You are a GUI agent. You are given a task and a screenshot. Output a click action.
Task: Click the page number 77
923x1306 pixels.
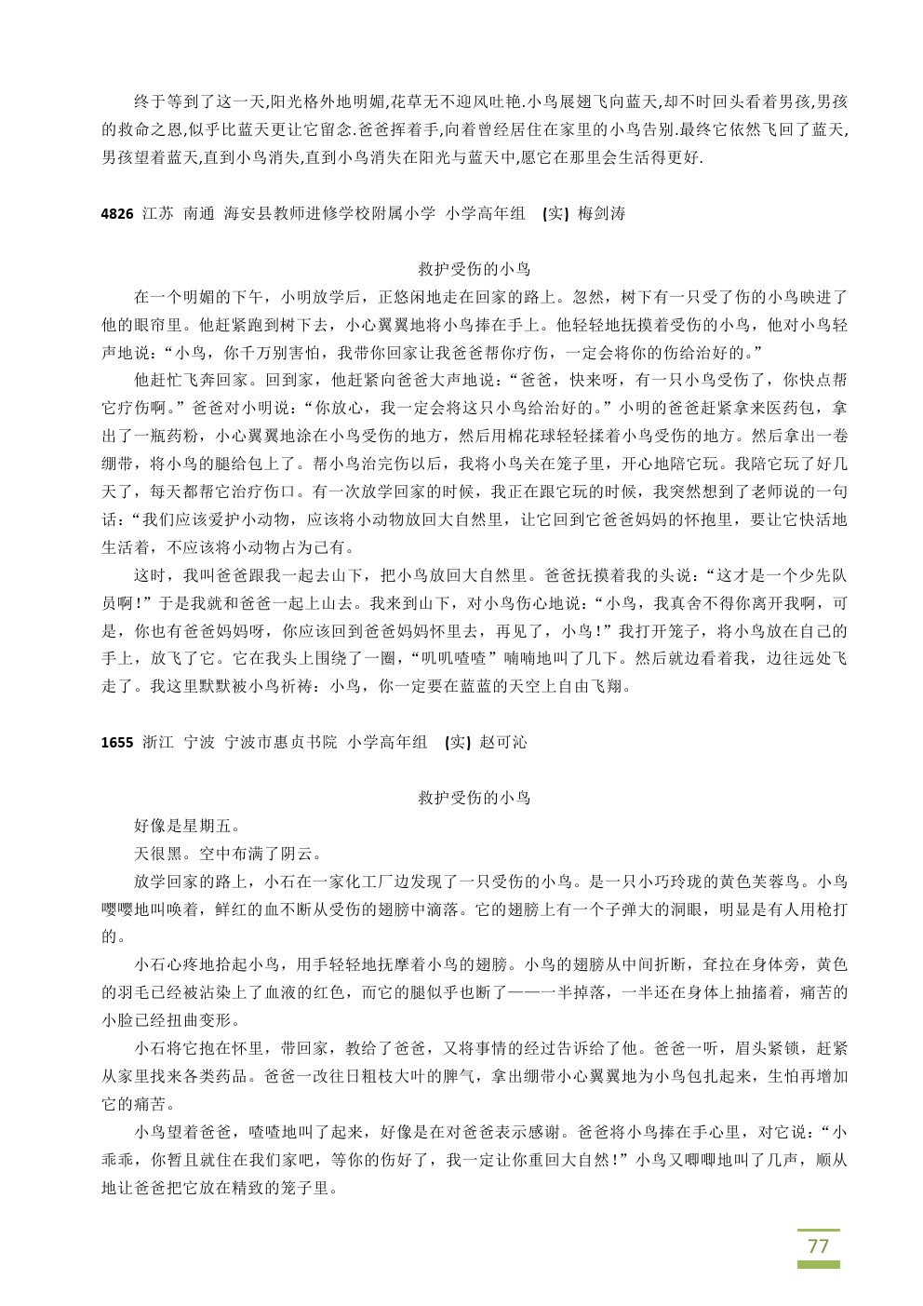click(x=818, y=1245)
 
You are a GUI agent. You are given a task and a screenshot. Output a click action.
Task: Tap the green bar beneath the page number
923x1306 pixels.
click(x=818, y=1264)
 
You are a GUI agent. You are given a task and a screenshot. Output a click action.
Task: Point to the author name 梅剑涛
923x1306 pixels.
click(x=601, y=213)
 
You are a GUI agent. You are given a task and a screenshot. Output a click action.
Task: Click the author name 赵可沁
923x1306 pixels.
click(x=503, y=742)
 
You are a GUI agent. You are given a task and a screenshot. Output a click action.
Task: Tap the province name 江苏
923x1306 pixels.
click(x=158, y=213)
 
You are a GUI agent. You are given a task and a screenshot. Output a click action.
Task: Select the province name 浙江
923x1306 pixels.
click(x=158, y=742)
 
